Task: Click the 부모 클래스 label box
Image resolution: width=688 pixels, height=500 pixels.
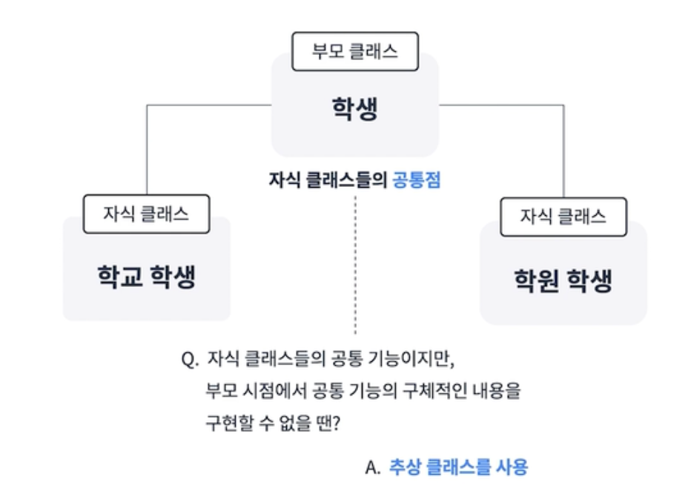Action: pyautogui.click(x=355, y=51)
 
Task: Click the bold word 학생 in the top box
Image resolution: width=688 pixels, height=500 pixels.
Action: pyautogui.click(x=354, y=108)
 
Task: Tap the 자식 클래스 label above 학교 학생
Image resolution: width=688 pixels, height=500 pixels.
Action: pyautogui.click(x=146, y=214)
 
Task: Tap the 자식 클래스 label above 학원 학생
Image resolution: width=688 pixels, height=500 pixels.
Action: pyautogui.click(x=563, y=217)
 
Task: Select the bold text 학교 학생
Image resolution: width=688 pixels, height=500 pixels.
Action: pyautogui.click(x=147, y=277)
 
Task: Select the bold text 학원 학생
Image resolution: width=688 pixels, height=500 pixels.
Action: pyautogui.click(x=563, y=280)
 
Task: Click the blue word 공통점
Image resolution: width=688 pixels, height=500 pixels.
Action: pyautogui.click(x=417, y=180)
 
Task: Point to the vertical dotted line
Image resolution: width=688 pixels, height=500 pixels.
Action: pyautogui.click(x=355, y=265)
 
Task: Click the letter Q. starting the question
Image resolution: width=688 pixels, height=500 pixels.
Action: pyautogui.click(x=190, y=360)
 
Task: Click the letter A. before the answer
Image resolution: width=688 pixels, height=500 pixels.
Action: pyautogui.click(x=372, y=468)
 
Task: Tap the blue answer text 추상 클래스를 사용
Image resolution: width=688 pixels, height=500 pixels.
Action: pyautogui.click(x=458, y=467)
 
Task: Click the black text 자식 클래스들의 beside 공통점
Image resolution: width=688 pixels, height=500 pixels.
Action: pyautogui.click(x=328, y=180)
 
